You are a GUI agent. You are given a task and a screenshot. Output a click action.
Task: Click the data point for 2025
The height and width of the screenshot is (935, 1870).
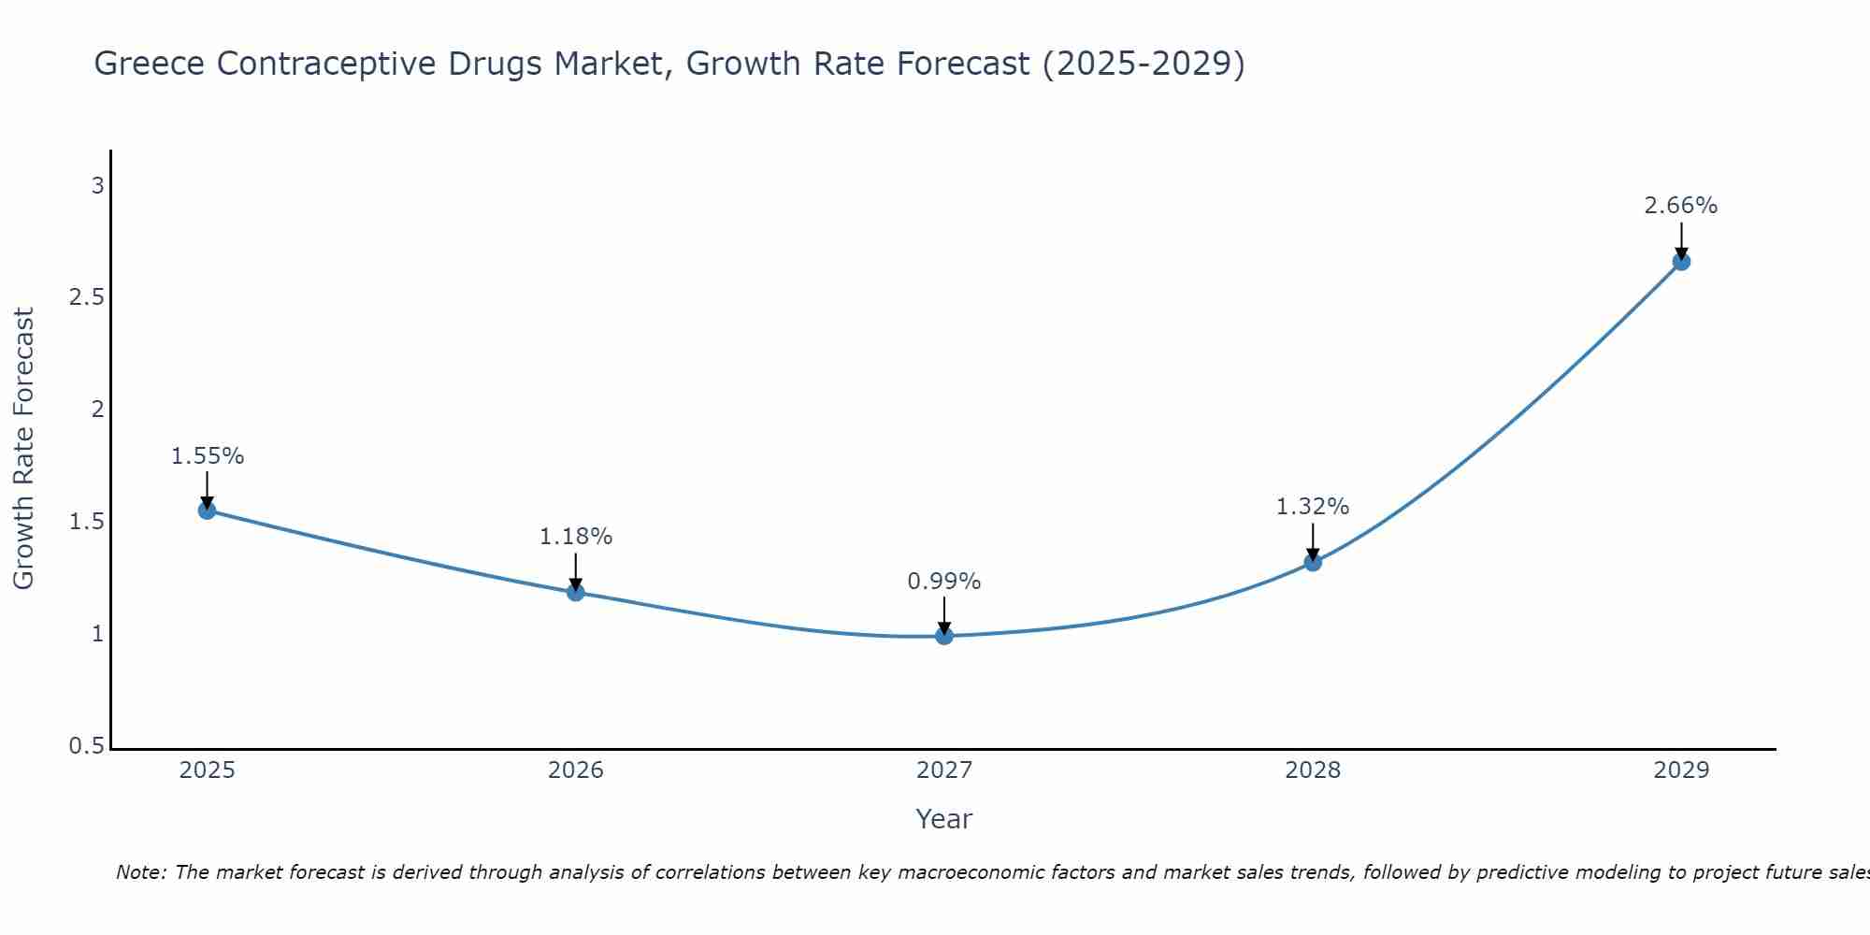(207, 510)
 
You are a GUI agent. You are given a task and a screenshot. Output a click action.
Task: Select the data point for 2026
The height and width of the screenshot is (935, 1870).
(575, 592)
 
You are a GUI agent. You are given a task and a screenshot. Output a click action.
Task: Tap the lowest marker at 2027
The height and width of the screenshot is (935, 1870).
(944, 636)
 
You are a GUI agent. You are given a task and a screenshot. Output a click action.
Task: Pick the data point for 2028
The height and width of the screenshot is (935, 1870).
(1313, 562)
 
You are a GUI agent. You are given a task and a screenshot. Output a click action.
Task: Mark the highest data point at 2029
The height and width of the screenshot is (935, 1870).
(1681, 262)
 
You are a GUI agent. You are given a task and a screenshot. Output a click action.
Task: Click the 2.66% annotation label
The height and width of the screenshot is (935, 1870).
(1681, 206)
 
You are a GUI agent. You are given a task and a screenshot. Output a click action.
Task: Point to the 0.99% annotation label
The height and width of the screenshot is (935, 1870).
(944, 582)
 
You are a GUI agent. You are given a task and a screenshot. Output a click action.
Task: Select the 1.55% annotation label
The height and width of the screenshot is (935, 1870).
(207, 456)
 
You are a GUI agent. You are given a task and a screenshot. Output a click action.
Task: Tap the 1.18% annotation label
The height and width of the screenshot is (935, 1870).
(575, 537)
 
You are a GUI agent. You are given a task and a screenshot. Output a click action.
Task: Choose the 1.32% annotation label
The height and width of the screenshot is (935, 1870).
(1313, 507)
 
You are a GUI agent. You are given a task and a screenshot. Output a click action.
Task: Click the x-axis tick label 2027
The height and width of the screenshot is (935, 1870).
(944, 770)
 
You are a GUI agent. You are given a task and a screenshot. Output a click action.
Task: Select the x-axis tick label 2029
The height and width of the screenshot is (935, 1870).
(1681, 770)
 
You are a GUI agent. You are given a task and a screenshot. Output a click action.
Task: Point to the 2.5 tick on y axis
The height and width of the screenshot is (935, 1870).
(86, 297)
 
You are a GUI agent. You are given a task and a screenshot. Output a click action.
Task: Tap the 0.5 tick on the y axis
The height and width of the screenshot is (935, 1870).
(86, 746)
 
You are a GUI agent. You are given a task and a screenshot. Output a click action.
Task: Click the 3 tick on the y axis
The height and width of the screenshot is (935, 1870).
(97, 185)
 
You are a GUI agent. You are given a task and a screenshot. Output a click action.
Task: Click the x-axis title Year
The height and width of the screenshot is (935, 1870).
(944, 819)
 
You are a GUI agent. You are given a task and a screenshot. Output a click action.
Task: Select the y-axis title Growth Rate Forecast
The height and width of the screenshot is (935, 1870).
(23, 449)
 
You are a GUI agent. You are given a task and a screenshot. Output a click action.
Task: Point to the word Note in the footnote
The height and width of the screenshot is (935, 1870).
(140, 872)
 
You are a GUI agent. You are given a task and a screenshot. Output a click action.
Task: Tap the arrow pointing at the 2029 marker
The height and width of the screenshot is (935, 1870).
(1681, 241)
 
